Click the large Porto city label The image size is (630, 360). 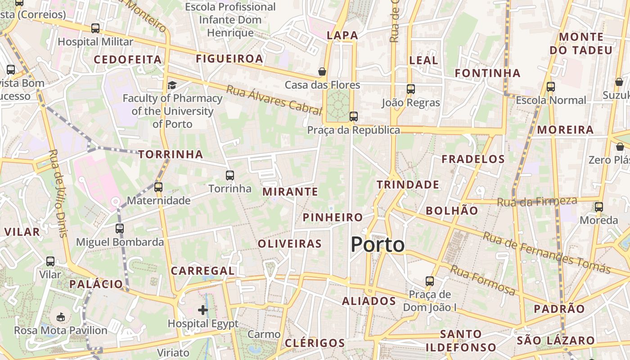pyautogui.click(x=378, y=245)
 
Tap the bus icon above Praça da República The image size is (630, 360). pyautogui.click(x=354, y=117)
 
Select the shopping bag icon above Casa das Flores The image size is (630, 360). pyautogui.click(x=322, y=72)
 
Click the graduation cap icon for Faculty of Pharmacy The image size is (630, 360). pyautogui.click(x=172, y=85)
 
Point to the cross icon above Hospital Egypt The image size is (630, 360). pyautogui.click(x=203, y=310)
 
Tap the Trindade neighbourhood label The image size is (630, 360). pyautogui.click(x=408, y=184)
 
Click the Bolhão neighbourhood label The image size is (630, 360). pyautogui.click(x=452, y=210)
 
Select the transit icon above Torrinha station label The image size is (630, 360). pyautogui.click(x=230, y=175)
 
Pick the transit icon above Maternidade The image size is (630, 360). pyautogui.click(x=158, y=187)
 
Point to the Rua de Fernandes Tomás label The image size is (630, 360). pyautogui.click(x=546, y=253)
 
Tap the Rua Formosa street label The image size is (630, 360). pyautogui.click(x=482, y=280)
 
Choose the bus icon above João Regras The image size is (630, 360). pyautogui.click(x=410, y=89)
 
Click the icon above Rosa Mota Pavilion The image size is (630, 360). pyautogui.click(x=61, y=317)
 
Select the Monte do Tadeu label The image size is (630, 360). pyautogui.click(x=581, y=43)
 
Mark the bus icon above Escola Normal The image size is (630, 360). pyautogui.click(x=550, y=86)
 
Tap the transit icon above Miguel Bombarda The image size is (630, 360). pyautogui.click(x=120, y=229)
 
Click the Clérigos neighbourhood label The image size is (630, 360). pyautogui.click(x=315, y=343)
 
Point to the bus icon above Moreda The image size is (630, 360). pyautogui.click(x=598, y=207)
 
